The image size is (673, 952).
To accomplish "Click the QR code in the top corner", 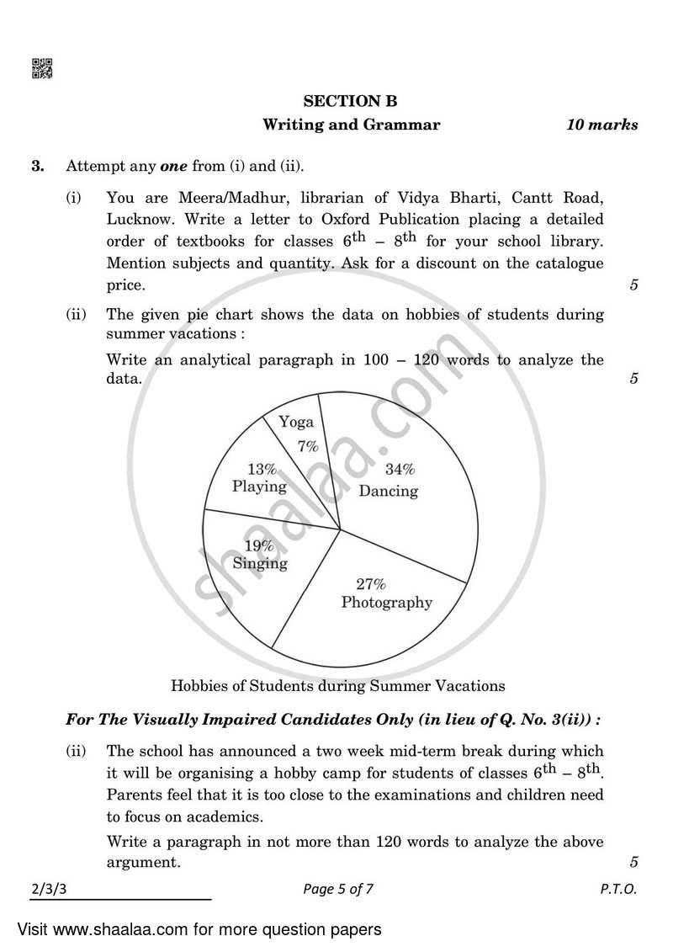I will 42,69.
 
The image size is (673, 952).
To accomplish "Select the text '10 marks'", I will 601,125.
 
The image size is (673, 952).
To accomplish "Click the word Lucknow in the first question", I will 137,220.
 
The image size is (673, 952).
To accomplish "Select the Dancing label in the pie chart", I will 388,491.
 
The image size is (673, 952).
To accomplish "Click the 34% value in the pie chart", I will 400,470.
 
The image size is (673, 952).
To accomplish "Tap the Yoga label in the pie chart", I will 296,422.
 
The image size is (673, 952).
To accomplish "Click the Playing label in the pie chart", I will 259,487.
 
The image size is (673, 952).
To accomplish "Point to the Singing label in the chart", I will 260,563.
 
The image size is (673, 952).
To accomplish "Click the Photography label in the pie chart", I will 386,602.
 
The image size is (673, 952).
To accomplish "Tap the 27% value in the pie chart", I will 370,583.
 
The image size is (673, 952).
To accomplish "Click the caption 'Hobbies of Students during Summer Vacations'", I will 337,685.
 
